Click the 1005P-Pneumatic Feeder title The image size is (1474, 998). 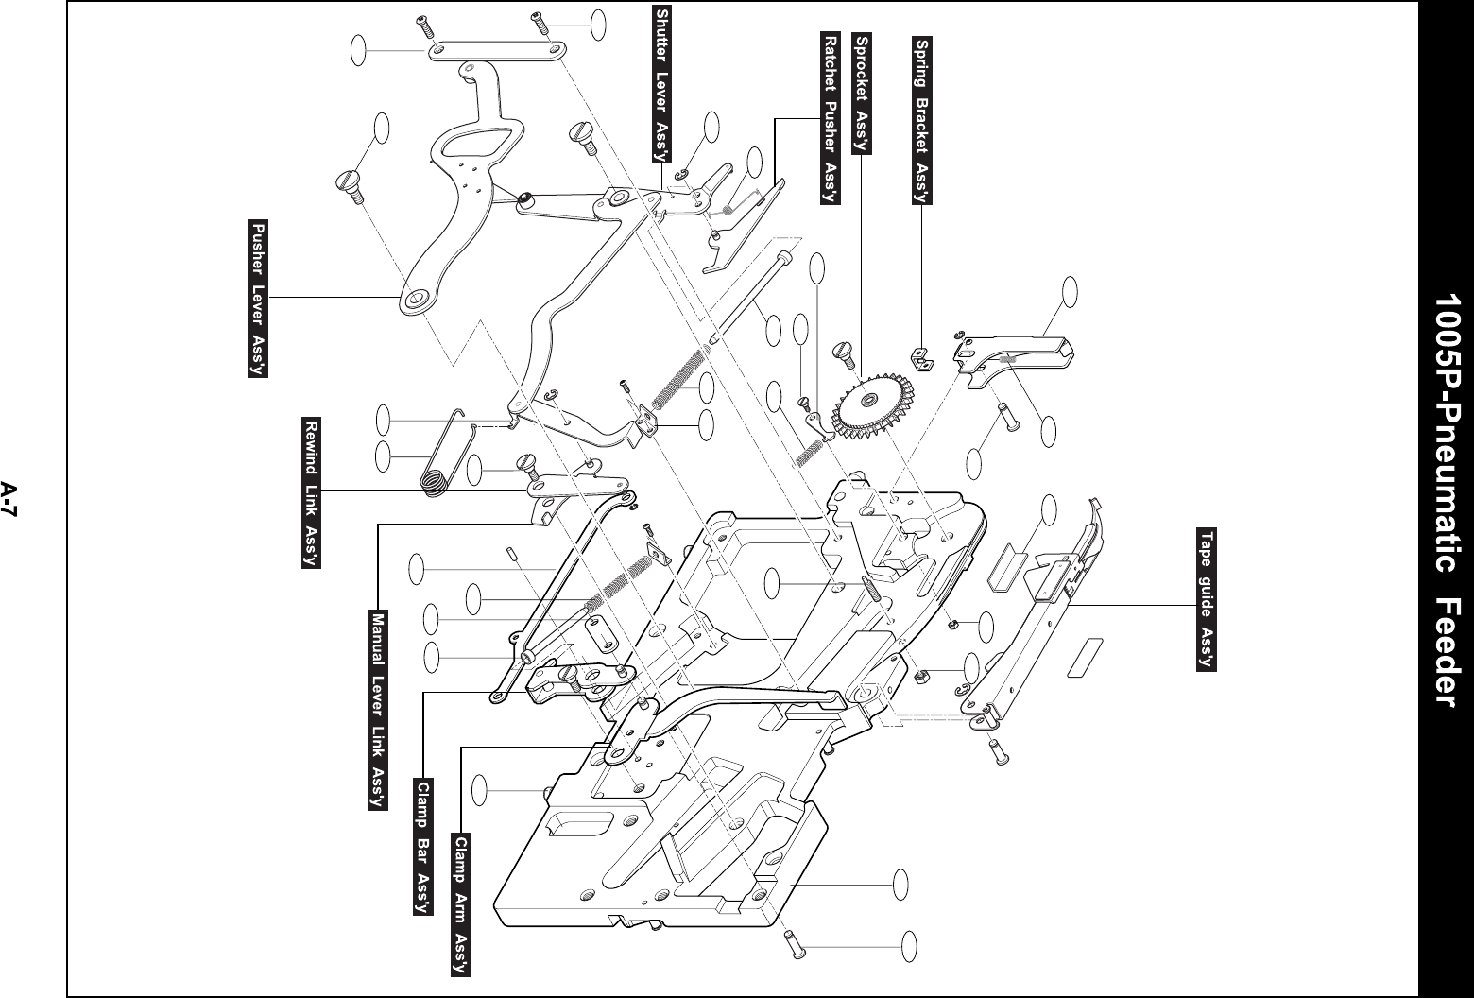pyautogui.click(x=1445, y=499)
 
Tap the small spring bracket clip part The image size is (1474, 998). pyautogui.click(x=917, y=358)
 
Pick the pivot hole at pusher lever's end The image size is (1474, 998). pyautogui.click(x=415, y=300)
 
